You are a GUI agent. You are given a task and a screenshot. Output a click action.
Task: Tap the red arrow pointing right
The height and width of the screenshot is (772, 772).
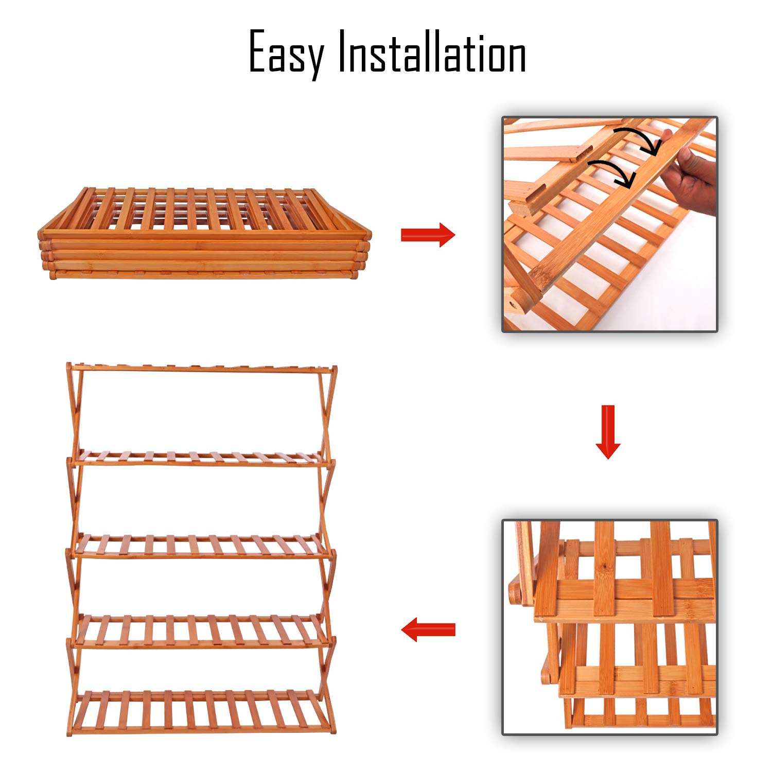(428, 235)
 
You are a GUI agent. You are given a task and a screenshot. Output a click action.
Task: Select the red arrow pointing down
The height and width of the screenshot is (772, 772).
(608, 432)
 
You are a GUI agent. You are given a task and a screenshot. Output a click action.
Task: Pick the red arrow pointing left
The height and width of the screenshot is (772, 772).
(428, 629)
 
